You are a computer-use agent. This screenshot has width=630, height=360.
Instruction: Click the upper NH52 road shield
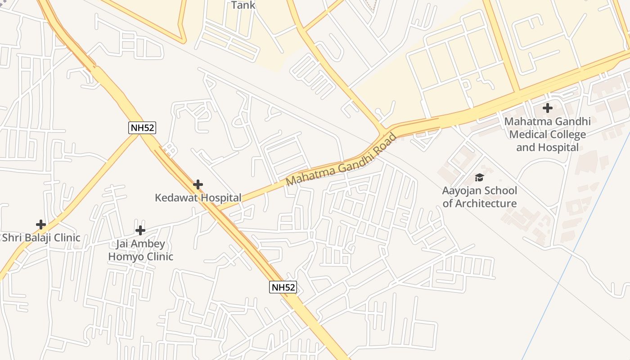point(142,128)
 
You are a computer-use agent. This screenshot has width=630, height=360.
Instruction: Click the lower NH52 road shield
point(283,287)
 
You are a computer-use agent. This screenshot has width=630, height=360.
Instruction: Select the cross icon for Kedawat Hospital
point(198,184)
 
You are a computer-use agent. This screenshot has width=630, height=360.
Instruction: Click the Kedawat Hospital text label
point(198,198)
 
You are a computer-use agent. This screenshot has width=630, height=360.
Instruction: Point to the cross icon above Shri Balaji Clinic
point(41,224)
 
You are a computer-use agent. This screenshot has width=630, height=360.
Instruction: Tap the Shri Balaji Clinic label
point(41,238)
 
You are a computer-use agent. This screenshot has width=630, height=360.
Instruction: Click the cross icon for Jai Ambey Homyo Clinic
point(140,230)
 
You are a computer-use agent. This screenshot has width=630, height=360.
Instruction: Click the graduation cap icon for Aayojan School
point(479,177)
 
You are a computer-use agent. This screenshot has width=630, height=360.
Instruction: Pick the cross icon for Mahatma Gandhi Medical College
point(547,108)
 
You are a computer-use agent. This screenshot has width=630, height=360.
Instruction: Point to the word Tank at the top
point(243,5)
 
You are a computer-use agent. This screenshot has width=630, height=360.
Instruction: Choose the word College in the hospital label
point(568,135)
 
